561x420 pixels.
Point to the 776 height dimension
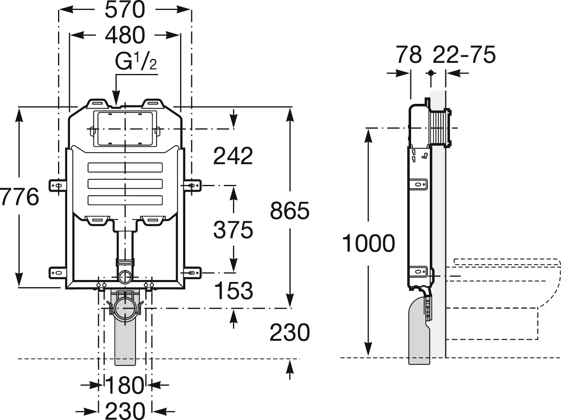(19, 197)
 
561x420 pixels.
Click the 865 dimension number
(289, 210)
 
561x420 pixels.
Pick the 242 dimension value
(233, 156)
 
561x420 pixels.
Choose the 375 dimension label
(233, 229)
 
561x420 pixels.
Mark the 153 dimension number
(233, 291)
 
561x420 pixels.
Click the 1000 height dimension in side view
(369, 243)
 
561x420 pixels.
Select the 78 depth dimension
(409, 54)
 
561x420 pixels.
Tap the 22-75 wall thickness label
(464, 54)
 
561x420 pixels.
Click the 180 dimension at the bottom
(124, 385)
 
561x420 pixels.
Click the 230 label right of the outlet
(289, 332)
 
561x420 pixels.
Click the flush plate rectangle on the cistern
(125, 128)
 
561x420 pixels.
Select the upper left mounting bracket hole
(58, 185)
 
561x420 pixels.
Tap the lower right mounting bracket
(192, 273)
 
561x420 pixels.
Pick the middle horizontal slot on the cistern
(125, 184)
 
